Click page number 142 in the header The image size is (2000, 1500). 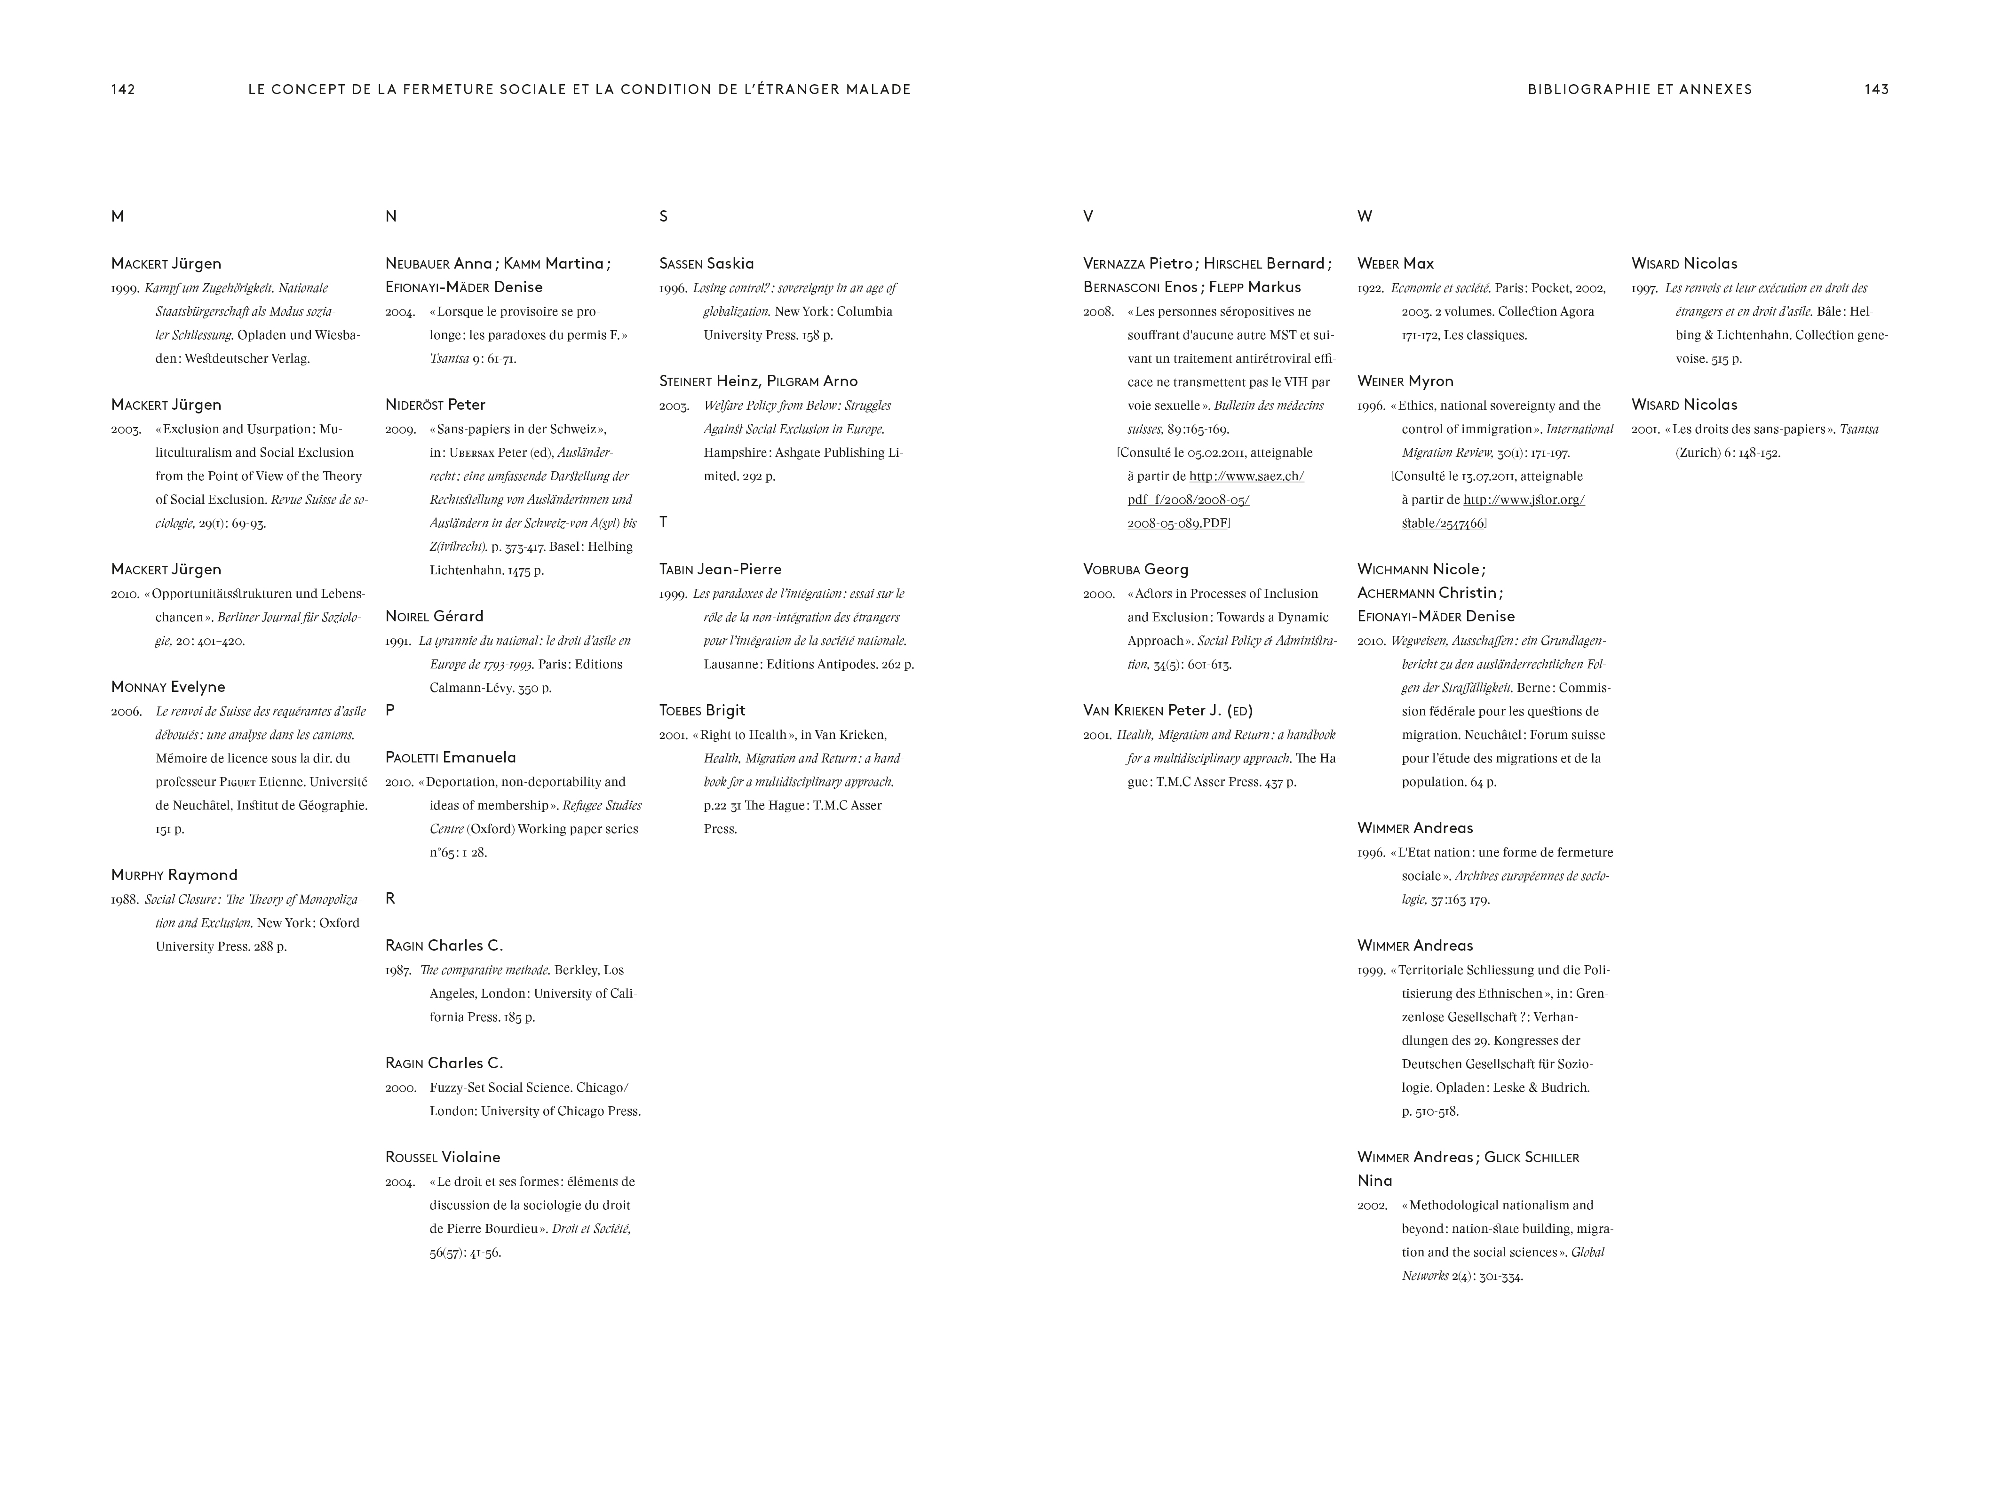(x=123, y=89)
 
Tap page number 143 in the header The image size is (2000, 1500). (x=1876, y=89)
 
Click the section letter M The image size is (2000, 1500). (x=118, y=216)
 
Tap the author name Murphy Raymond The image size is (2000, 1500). (x=175, y=874)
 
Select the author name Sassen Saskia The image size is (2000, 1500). (x=706, y=263)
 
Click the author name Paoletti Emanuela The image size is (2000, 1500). (x=450, y=757)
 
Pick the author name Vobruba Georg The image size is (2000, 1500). (x=1135, y=569)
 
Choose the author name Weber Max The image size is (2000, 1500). (x=1395, y=263)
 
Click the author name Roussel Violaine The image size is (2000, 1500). (x=442, y=1157)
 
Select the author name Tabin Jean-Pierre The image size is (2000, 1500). (x=720, y=569)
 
